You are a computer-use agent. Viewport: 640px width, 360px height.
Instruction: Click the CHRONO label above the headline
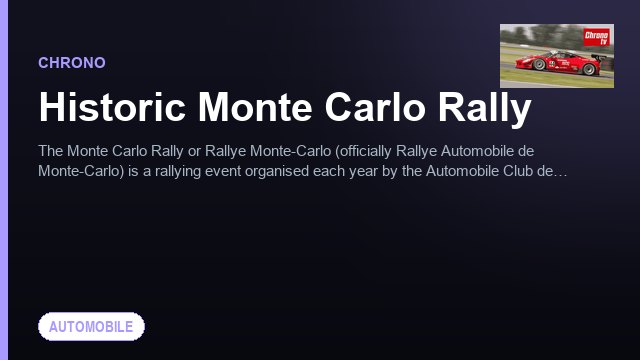pyautogui.click(x=72, y=63)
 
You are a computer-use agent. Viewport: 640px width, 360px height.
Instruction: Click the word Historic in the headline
pyautogui.click(x=112, y=107)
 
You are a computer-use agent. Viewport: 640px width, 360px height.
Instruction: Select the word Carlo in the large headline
pyautogui.click(x=375, y=107)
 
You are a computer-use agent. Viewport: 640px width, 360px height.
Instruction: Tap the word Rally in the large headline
pyautogui.click(x=484, y=109)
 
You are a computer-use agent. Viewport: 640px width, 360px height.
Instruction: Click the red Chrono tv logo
pyautogui.click(x=596, y=37)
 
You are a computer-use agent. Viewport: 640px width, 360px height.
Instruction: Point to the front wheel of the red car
pyautogui.click(x=539, y=64)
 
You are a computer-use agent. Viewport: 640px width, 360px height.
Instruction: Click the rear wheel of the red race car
pyautogui.click(x=589, y=69)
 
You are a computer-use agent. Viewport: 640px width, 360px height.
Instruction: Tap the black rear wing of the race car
pyautogui.click(x=599, y=57)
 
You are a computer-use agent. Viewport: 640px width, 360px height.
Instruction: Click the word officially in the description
pyautogui.click(x=366, y=151)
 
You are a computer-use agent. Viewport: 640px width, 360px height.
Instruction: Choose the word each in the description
pyautogui.click(x=329, y=171)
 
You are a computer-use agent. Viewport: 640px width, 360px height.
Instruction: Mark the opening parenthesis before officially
pyautogui.click(x=337, y=152)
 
